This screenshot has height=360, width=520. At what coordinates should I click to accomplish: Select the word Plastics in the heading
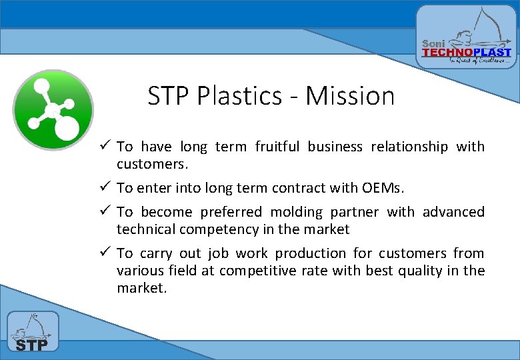tap(240, 96)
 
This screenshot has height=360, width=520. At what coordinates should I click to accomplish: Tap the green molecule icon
tap(53, 110)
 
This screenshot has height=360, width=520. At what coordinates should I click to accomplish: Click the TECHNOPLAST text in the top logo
tap(467, 52)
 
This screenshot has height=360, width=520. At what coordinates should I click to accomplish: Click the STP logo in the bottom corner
tap(33, 331)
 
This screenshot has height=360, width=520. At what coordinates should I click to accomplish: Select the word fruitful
tap(277, 147)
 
